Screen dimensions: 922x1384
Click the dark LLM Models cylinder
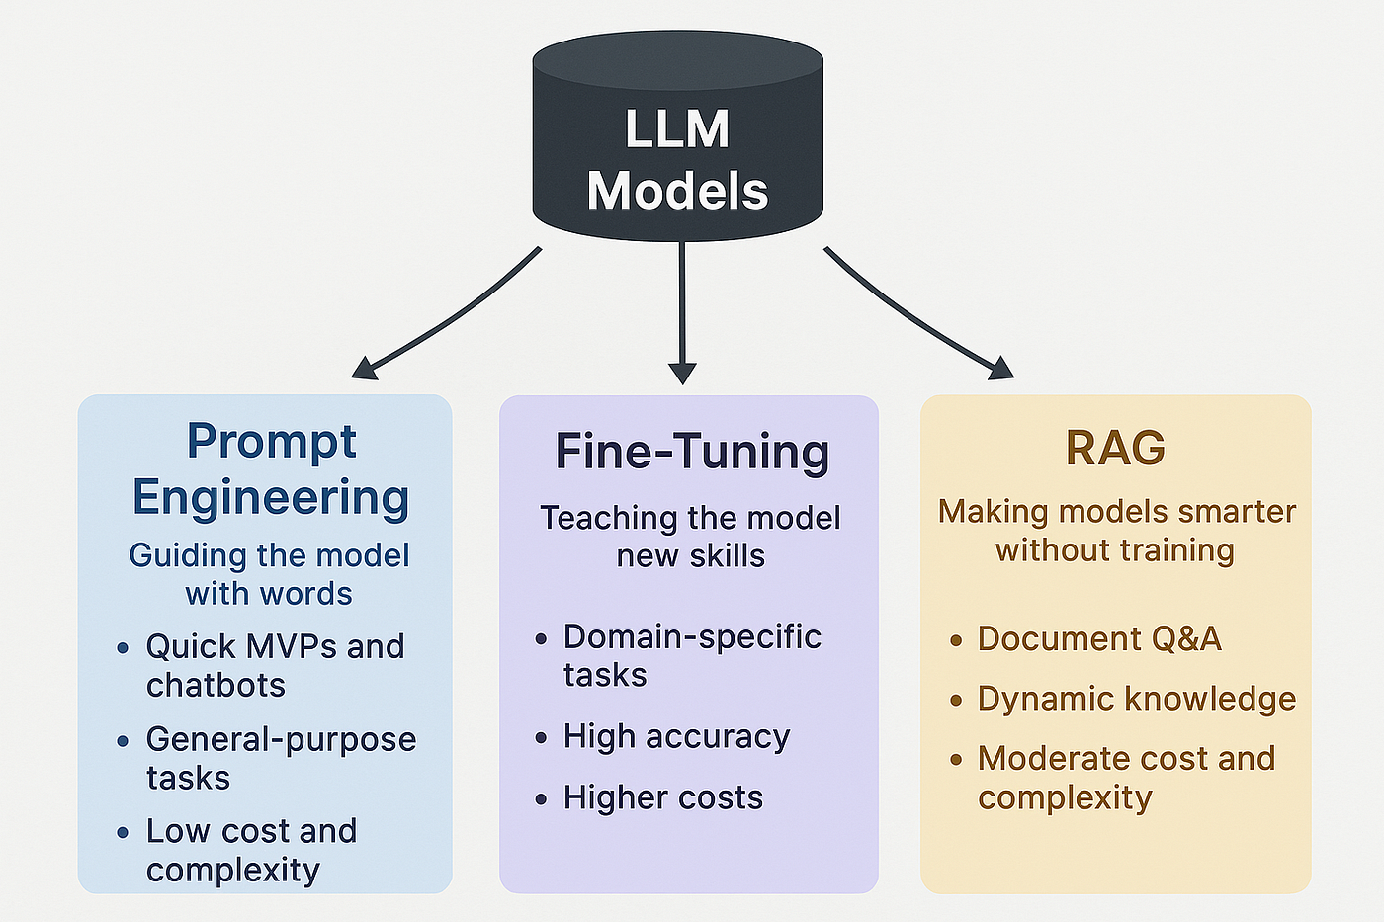[677, 138]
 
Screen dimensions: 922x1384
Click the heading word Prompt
[271, 442]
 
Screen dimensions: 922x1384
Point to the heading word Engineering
[271, 497]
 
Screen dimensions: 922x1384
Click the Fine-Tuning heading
[692, 452]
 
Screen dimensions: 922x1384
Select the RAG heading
[1115, 448]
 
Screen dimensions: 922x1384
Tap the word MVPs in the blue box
[292, 646]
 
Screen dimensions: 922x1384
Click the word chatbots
[216, 685]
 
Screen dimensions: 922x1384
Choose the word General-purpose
[281, 739]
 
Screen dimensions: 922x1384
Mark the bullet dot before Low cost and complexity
[123, 833]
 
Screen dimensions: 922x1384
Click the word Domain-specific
[692, 636]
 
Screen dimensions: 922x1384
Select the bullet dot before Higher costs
[541, 798]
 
